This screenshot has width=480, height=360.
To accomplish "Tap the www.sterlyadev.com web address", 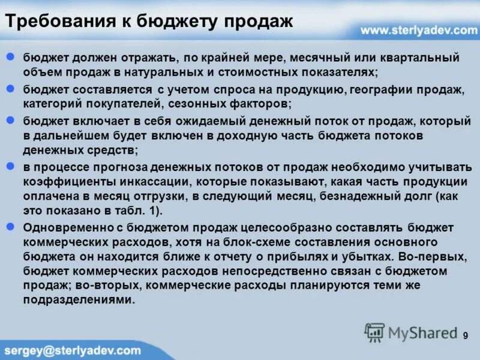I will (418, 29).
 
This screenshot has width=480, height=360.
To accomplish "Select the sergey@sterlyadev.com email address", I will (72, 350).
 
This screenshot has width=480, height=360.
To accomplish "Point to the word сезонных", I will (215, 103).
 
